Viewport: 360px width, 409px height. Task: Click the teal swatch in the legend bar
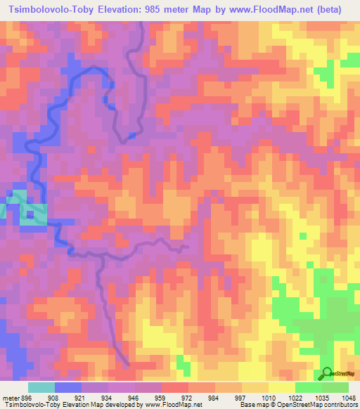(x=41, y=387)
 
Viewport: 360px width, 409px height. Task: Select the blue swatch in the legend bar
(x=68, y=387)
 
